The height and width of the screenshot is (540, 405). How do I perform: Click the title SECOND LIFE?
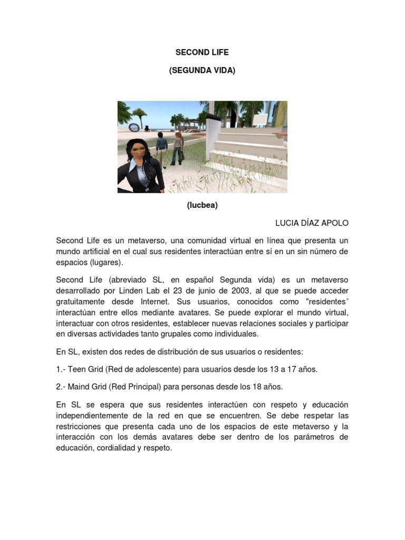pyautogui.click(x=202, y=53)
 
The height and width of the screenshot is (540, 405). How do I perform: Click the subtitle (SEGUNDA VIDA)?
pyautogui.click(x=202, y=70)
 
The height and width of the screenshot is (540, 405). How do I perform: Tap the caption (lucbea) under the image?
pyautogui.click(x=202, y=206)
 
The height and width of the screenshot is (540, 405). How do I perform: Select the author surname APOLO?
pyautogui.click(x=333, y=223)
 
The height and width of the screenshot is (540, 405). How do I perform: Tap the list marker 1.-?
pyautogui.click(x=61, y=369)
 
